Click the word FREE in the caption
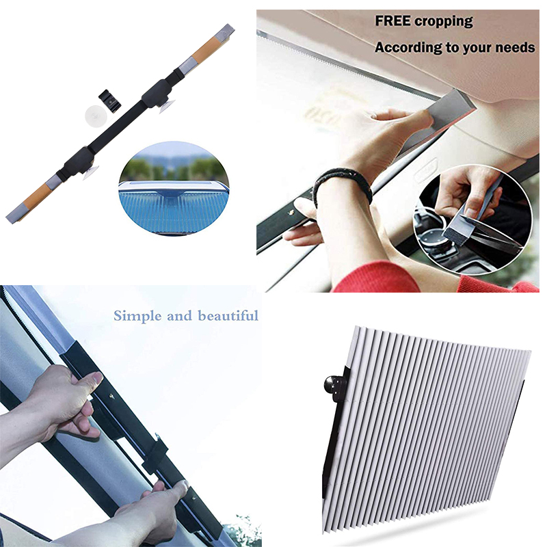[x=392, y=21]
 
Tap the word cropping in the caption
[x=444, y=22]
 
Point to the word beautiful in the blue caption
[x=228, y=315]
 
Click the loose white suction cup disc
[x=94, y=114]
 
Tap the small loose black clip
[x=109, y=101]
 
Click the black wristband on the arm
[x=342, y=184]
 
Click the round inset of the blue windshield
[x=174, y=188]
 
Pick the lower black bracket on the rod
[x=79, y=161]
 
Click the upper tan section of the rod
[x=206, y=51]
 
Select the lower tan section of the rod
[x=37, y=198]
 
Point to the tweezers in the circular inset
[x=495, y=232]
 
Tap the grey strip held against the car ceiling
[x=438, y=118]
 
